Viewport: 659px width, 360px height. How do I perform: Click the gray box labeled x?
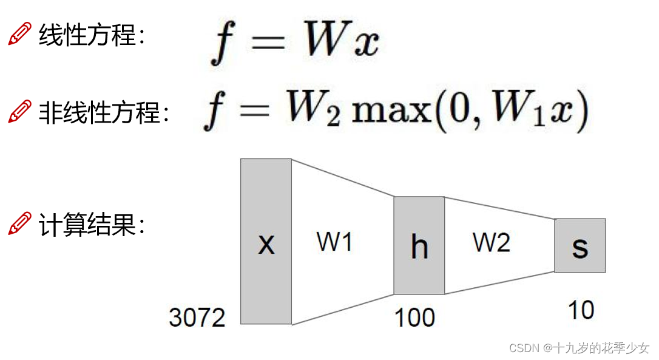coord(266,242)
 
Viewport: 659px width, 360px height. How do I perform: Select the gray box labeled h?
coord(419,245)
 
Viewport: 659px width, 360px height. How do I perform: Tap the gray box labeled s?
coord(580,245)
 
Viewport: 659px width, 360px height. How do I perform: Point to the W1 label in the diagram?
coord(334,242)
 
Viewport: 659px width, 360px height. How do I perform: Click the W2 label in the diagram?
coord(492,242)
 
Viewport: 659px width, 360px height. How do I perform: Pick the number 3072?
coord(197,318)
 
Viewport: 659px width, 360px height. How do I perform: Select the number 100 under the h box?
coord(414,318)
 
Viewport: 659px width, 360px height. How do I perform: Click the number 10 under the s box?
coord(581,310)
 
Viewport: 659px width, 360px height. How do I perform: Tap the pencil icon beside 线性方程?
coord(20,34)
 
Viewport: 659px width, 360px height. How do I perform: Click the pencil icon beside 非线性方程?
coord(20,112)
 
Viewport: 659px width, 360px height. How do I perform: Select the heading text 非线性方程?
coord(103,112)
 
